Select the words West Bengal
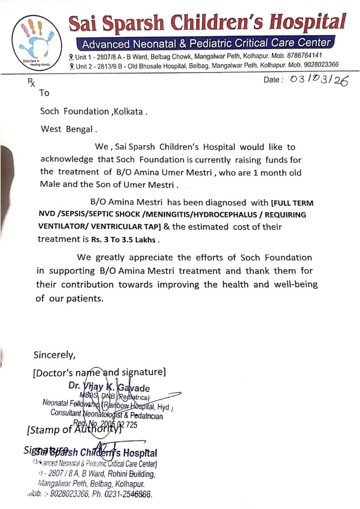(67, 129)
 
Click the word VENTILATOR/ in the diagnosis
(63, 227)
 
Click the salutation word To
(45, 93)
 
